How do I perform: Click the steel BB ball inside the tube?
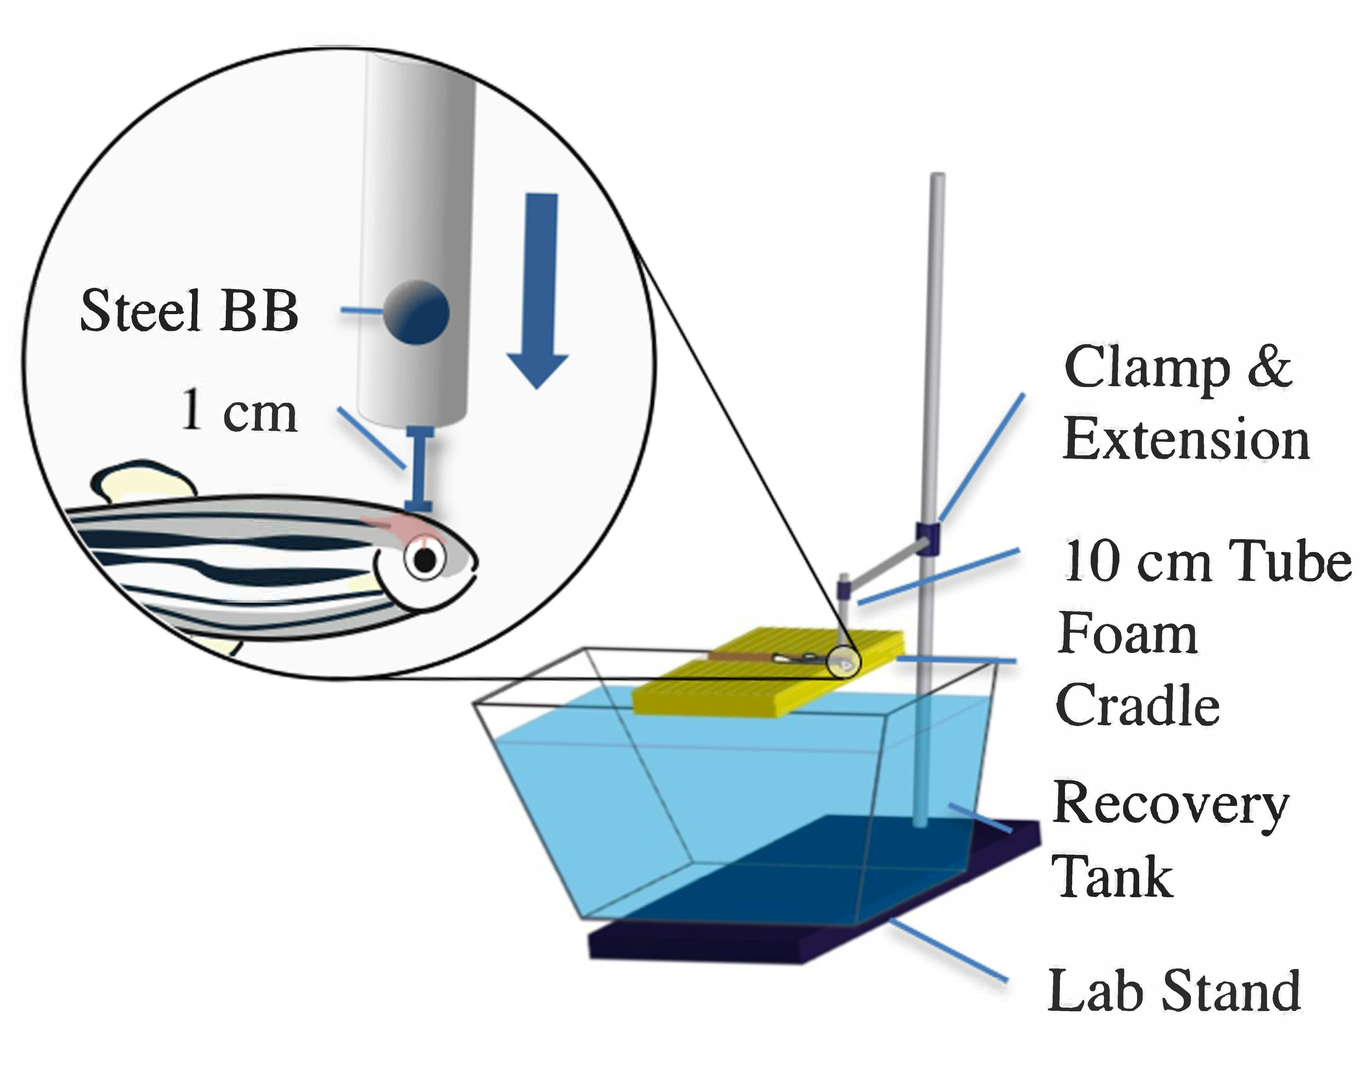tap(416, 312)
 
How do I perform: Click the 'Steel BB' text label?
tap(189, 311)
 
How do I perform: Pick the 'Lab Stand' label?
tap(1174, 991)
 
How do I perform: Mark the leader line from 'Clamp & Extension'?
tap(982, 457)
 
